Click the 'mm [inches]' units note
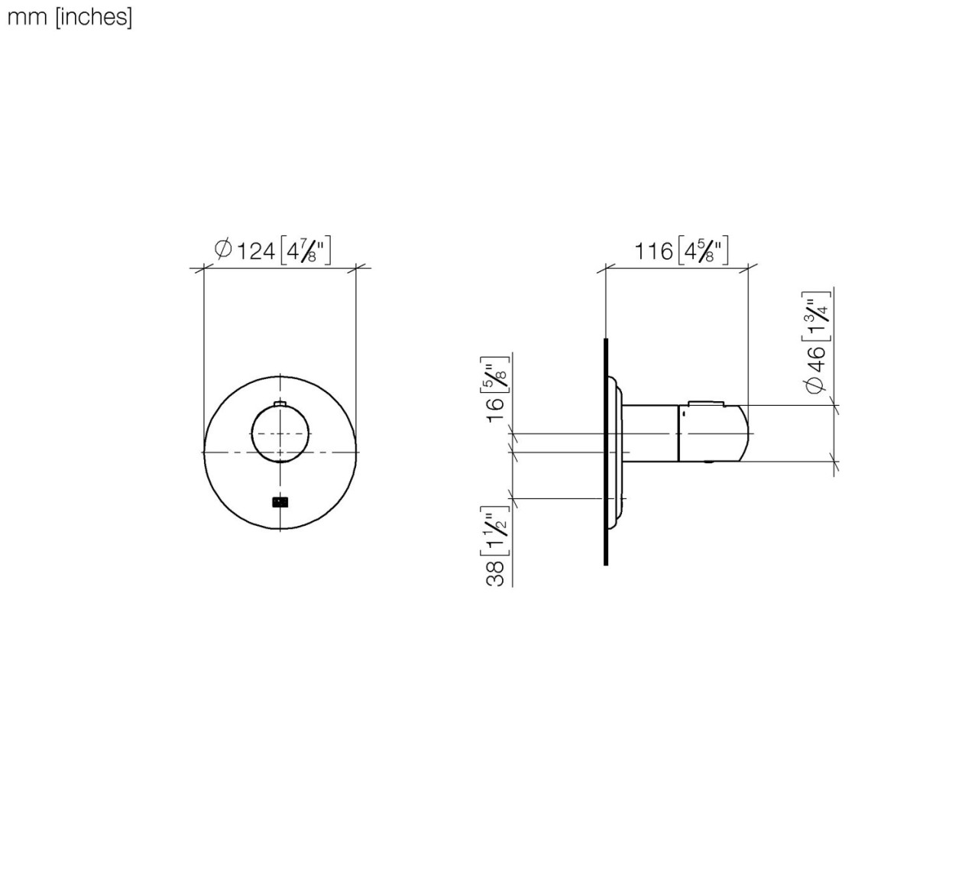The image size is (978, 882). (70, 17)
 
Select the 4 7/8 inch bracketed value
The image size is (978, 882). (306, 251)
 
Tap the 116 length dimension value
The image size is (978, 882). (653, 251)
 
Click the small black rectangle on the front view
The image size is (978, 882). (280, 502)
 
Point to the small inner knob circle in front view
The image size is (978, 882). (280, 433)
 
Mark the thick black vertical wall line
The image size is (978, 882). (606, 451)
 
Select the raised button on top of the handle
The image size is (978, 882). (705, 402)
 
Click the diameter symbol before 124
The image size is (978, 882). (223, 249)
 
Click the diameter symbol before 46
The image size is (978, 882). (816, 384)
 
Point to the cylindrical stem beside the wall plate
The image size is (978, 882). (649, 433)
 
